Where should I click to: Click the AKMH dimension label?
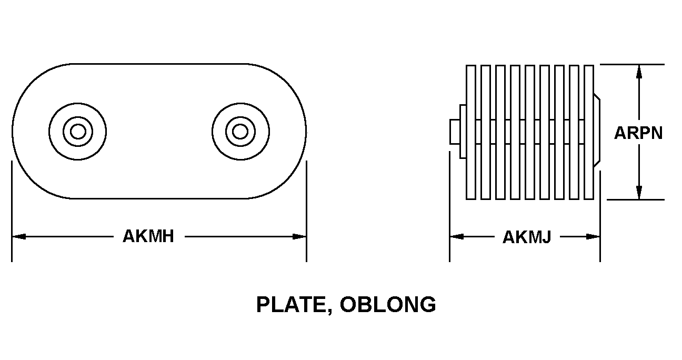tap(148, 236)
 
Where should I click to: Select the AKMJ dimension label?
tap(527, 237)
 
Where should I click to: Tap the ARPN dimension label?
tap(638, 133)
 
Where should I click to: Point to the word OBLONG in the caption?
tap(388, 304)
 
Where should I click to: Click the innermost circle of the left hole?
tap(78, 132)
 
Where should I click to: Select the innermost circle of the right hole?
tap(240, 132)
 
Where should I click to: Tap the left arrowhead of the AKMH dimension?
tap(19, 236)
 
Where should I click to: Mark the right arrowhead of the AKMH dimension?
tap(299, 236)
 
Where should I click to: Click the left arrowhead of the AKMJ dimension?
tap(457, 237)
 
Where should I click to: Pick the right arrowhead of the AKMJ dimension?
tap(593, 237)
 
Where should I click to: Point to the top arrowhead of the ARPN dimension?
tap(639, 72)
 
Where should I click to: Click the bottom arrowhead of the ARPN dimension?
tap(639, 193)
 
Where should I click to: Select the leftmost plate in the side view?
tap(470, 132)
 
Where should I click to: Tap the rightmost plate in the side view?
tap(589, 132)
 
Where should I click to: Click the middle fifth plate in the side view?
tap(530, 132)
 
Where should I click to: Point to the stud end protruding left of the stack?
tap(455, 132)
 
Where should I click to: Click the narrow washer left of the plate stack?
tap(463, 132)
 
